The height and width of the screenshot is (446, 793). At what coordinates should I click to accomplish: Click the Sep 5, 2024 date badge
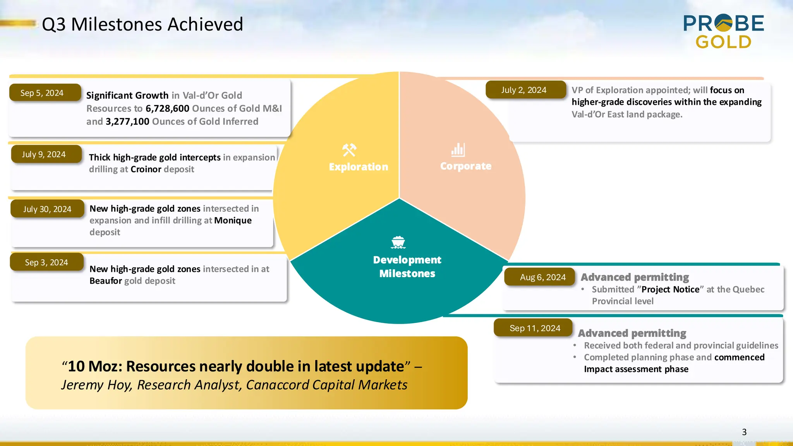click(x=45, y=93)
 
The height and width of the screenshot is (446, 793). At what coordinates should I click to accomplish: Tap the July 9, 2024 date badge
click(x=46, y=154)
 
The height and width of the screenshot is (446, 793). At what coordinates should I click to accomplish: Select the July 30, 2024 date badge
click(x=47, y=209)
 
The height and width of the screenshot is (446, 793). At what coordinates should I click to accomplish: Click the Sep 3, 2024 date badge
click(x=46, y=262)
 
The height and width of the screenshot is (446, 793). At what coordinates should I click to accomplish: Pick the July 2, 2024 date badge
click(x=525, y=90)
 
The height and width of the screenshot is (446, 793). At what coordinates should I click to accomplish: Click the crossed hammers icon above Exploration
click(x=349, y=150)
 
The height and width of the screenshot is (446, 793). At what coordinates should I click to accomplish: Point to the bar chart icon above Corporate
click(x=458, y=150)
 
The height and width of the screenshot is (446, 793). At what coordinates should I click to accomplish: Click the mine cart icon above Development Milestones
click(x=398, y=242)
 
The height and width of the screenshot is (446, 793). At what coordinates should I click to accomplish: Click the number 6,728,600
click(x=167, y=108)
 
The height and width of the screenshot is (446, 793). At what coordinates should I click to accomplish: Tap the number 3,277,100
click(x=127, y=122)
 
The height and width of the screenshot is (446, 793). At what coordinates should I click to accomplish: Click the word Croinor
click(x=146, y=169)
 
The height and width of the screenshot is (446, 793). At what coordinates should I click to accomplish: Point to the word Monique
click(x=233, y=221)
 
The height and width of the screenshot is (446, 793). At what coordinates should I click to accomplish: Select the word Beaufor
click(x=106, y=281)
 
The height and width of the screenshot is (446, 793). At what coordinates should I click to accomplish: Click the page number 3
click(x=744, y=432)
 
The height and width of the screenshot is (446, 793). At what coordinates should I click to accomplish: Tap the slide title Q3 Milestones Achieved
click(x=142, y=24)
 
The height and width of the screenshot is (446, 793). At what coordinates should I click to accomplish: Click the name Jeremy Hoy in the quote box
click(x=96, y=385)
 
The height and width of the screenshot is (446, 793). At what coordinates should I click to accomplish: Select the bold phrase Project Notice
click(x=670, y=290)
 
